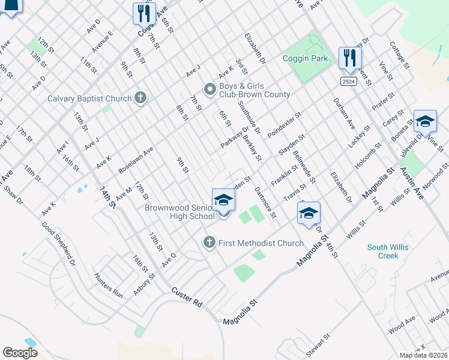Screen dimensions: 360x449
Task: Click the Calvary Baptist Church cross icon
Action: click(x=140, y=97)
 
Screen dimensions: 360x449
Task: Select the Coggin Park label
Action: click(x=306, y=59)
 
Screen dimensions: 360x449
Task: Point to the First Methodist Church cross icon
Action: click(x=209, y=242)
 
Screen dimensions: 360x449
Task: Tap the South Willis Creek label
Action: click(x=382, y=251)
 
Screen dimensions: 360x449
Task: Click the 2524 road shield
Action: click(x=348, y=81)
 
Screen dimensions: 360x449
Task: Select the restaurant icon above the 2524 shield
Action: click(x=348, y=58)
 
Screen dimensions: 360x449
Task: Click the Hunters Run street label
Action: click(x=108, y=286)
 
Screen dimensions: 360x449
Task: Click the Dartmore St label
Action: click(x=264, y=202)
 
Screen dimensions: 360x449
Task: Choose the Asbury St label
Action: click(x=145, y=284)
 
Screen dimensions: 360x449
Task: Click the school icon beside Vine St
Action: click(x=424, y=121)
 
